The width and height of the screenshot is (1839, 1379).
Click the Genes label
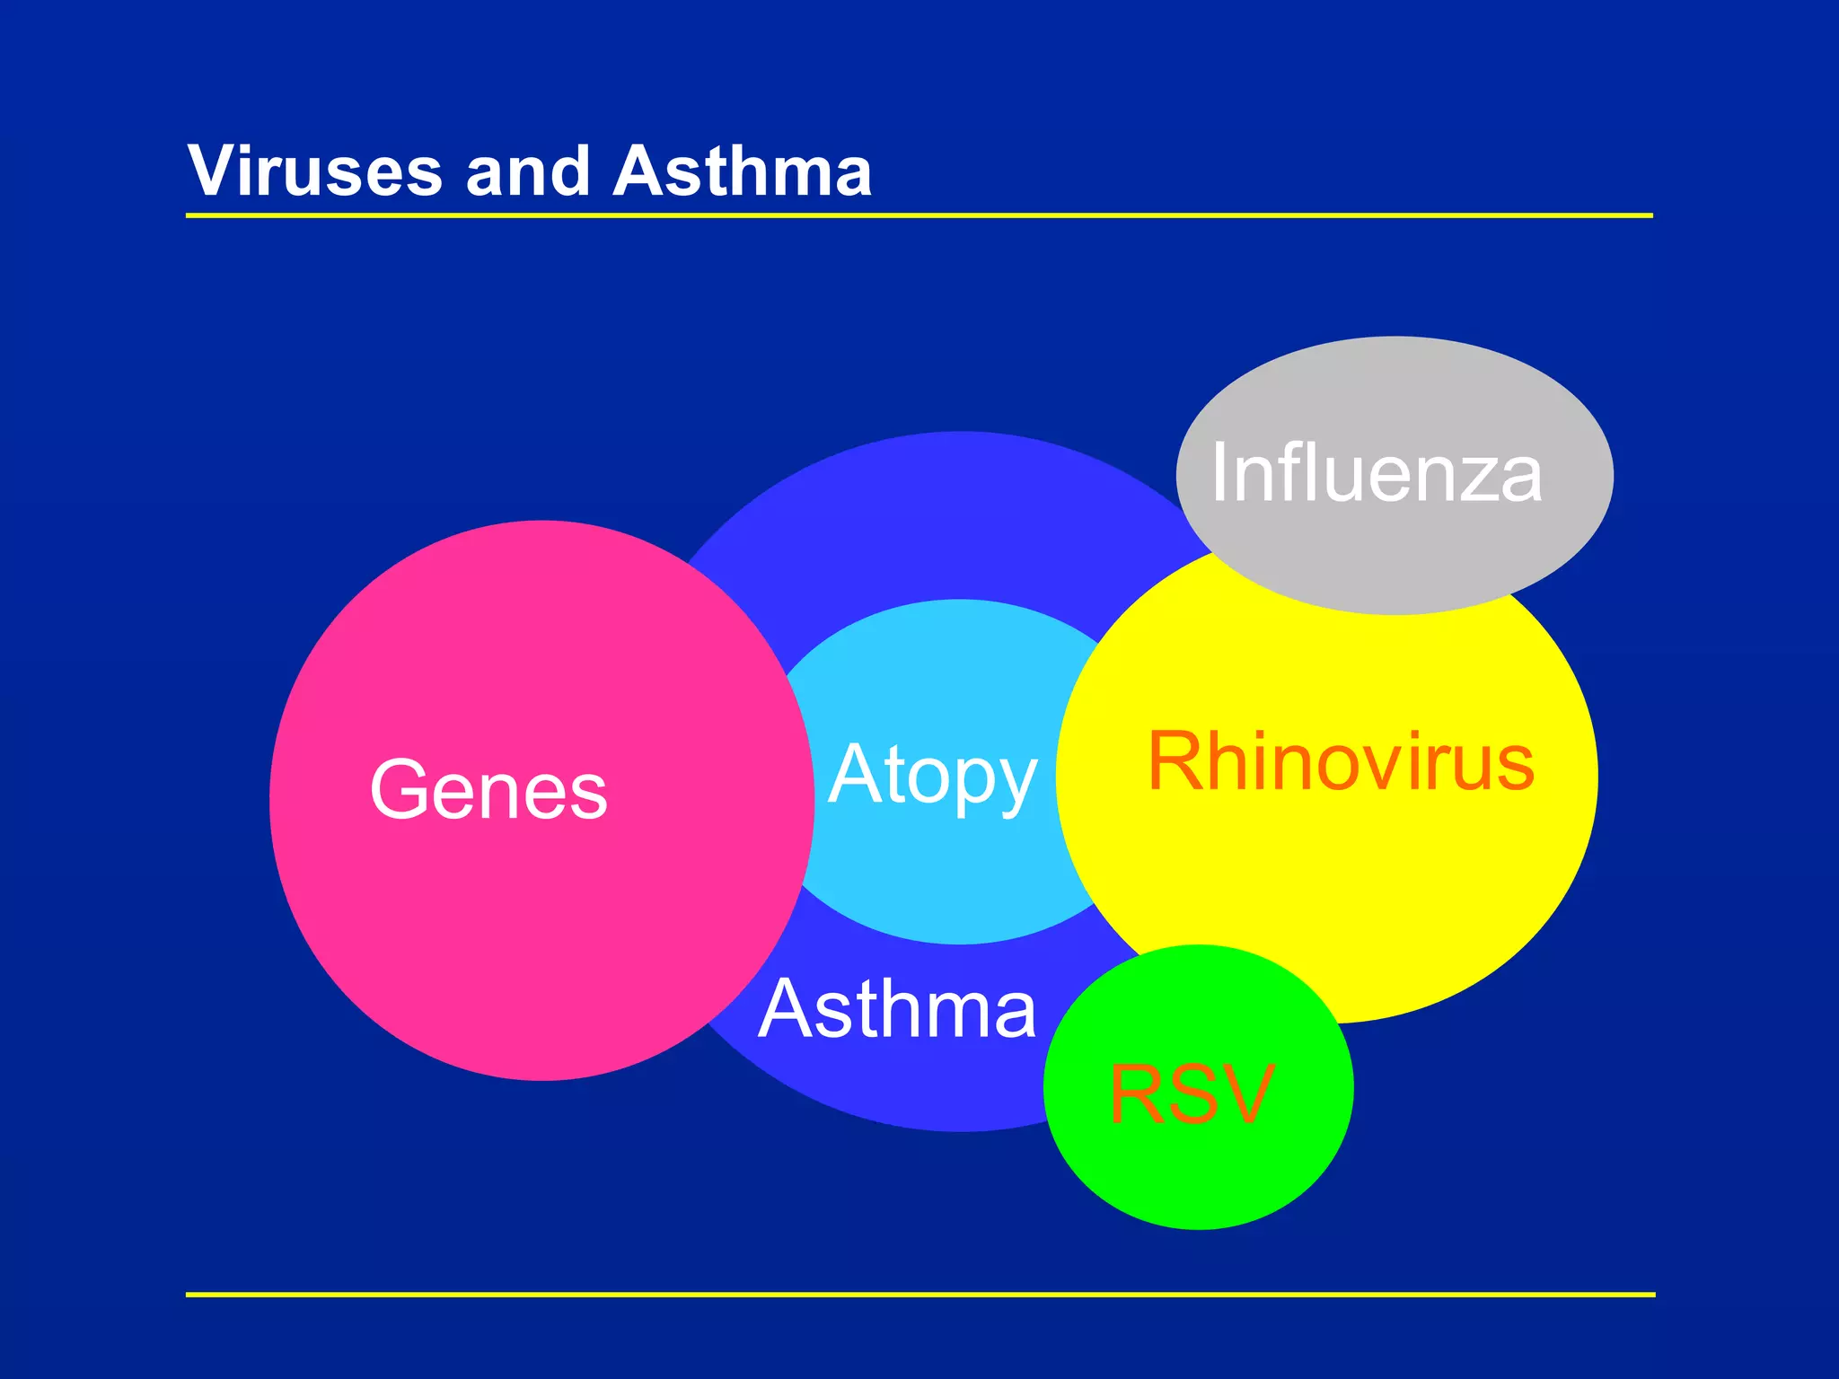coord(488,790)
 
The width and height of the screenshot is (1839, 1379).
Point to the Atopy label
coord(932,776)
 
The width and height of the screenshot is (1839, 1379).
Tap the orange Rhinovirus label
coord(1341,762)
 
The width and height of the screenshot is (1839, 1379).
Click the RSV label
coord(1192,1094)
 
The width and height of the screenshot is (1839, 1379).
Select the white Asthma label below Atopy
coord(897,1009)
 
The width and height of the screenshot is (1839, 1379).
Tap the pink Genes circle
coord(539,943)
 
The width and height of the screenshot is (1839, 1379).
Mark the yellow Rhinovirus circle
coord(1329,898)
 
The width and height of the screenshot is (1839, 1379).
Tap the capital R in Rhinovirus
coord(1176,762)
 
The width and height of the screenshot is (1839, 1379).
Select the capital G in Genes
coord(398,790)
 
